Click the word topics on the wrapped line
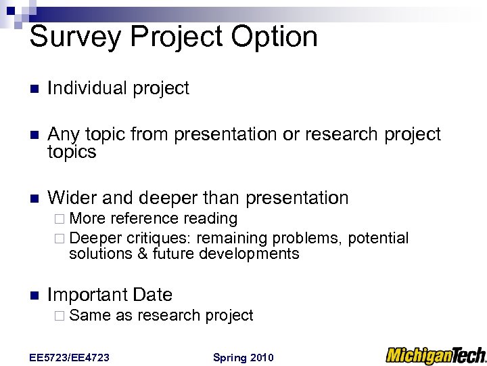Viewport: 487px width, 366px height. (72, 152)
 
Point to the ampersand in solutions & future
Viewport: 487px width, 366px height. (142, 253)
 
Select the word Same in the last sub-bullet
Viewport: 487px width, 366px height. (90, 315)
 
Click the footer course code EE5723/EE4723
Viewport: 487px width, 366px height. (70, 357)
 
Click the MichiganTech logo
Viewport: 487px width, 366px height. (436, 355)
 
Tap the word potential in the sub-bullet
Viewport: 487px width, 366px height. (378, 238)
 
